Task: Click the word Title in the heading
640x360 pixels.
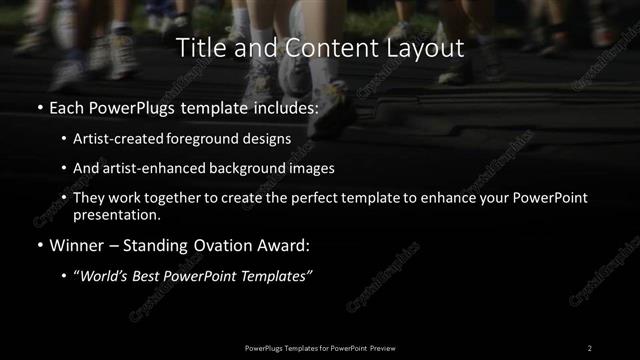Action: [x=199, y=48]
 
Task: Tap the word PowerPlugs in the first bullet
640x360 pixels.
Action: [x=126, y=106]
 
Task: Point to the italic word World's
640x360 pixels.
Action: [x=104, y=275]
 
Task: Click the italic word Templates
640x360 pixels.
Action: [x=277, y=275]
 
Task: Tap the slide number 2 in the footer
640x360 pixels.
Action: [x=589, y=347]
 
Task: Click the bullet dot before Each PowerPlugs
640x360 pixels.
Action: [x=39, y=107]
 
